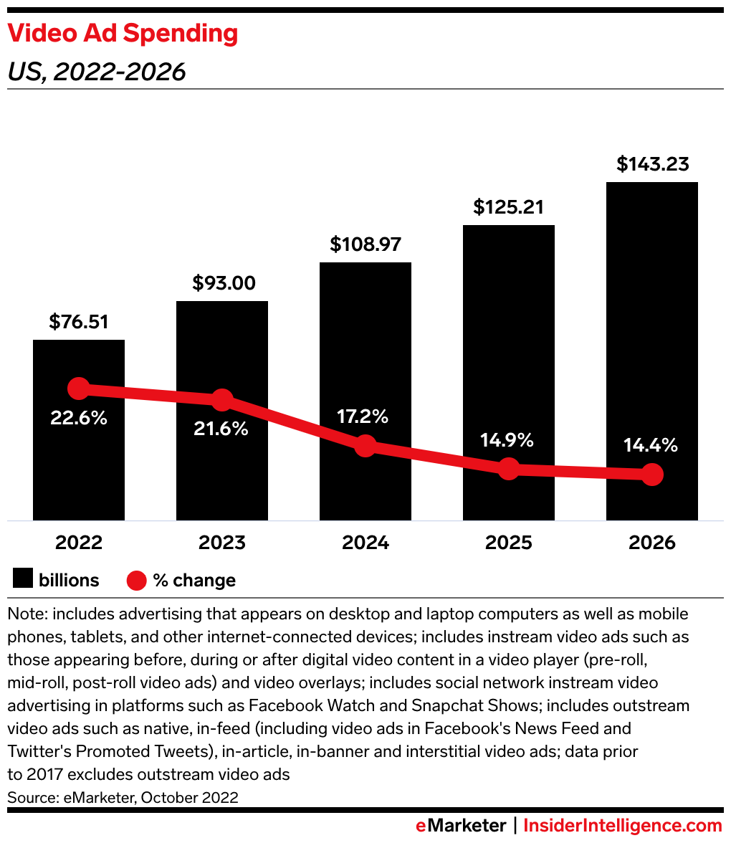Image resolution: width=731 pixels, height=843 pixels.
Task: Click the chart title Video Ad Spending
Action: tap(123, 34)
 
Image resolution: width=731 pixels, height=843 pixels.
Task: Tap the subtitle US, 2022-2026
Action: tap(97, 72)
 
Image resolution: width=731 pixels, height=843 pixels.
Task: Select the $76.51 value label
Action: tap(79, 322)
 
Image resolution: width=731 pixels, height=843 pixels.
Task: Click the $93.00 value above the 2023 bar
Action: tap(224, 283)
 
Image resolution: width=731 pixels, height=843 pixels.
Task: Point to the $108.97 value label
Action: tap(365, 244)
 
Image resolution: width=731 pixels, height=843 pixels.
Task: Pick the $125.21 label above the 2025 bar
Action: tap(508, 207)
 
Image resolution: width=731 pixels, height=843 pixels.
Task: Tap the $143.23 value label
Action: tap(653, 164)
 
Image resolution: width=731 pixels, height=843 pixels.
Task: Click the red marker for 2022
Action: tap(79, 389)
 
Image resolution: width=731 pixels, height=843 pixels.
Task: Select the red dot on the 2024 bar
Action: tap(365, 446)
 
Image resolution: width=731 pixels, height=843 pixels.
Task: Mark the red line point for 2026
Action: tap(651, 475)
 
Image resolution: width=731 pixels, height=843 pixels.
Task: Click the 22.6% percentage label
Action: tap(79, 418)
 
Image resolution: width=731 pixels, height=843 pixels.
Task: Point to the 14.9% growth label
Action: tap(507, 440)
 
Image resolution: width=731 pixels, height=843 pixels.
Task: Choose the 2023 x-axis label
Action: tap(222, 543)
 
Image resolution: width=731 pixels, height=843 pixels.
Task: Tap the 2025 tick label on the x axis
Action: tap(509, 543)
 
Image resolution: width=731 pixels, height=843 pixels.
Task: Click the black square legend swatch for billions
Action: tap(22, 580)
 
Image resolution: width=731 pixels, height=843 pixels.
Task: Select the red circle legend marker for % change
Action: tap(137, 580)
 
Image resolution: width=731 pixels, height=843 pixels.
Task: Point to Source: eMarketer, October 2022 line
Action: tap(123, 797)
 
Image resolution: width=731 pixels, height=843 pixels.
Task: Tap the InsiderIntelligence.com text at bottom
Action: tap(622, 826)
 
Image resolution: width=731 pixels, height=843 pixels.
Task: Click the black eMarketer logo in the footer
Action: tap(461, 826)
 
